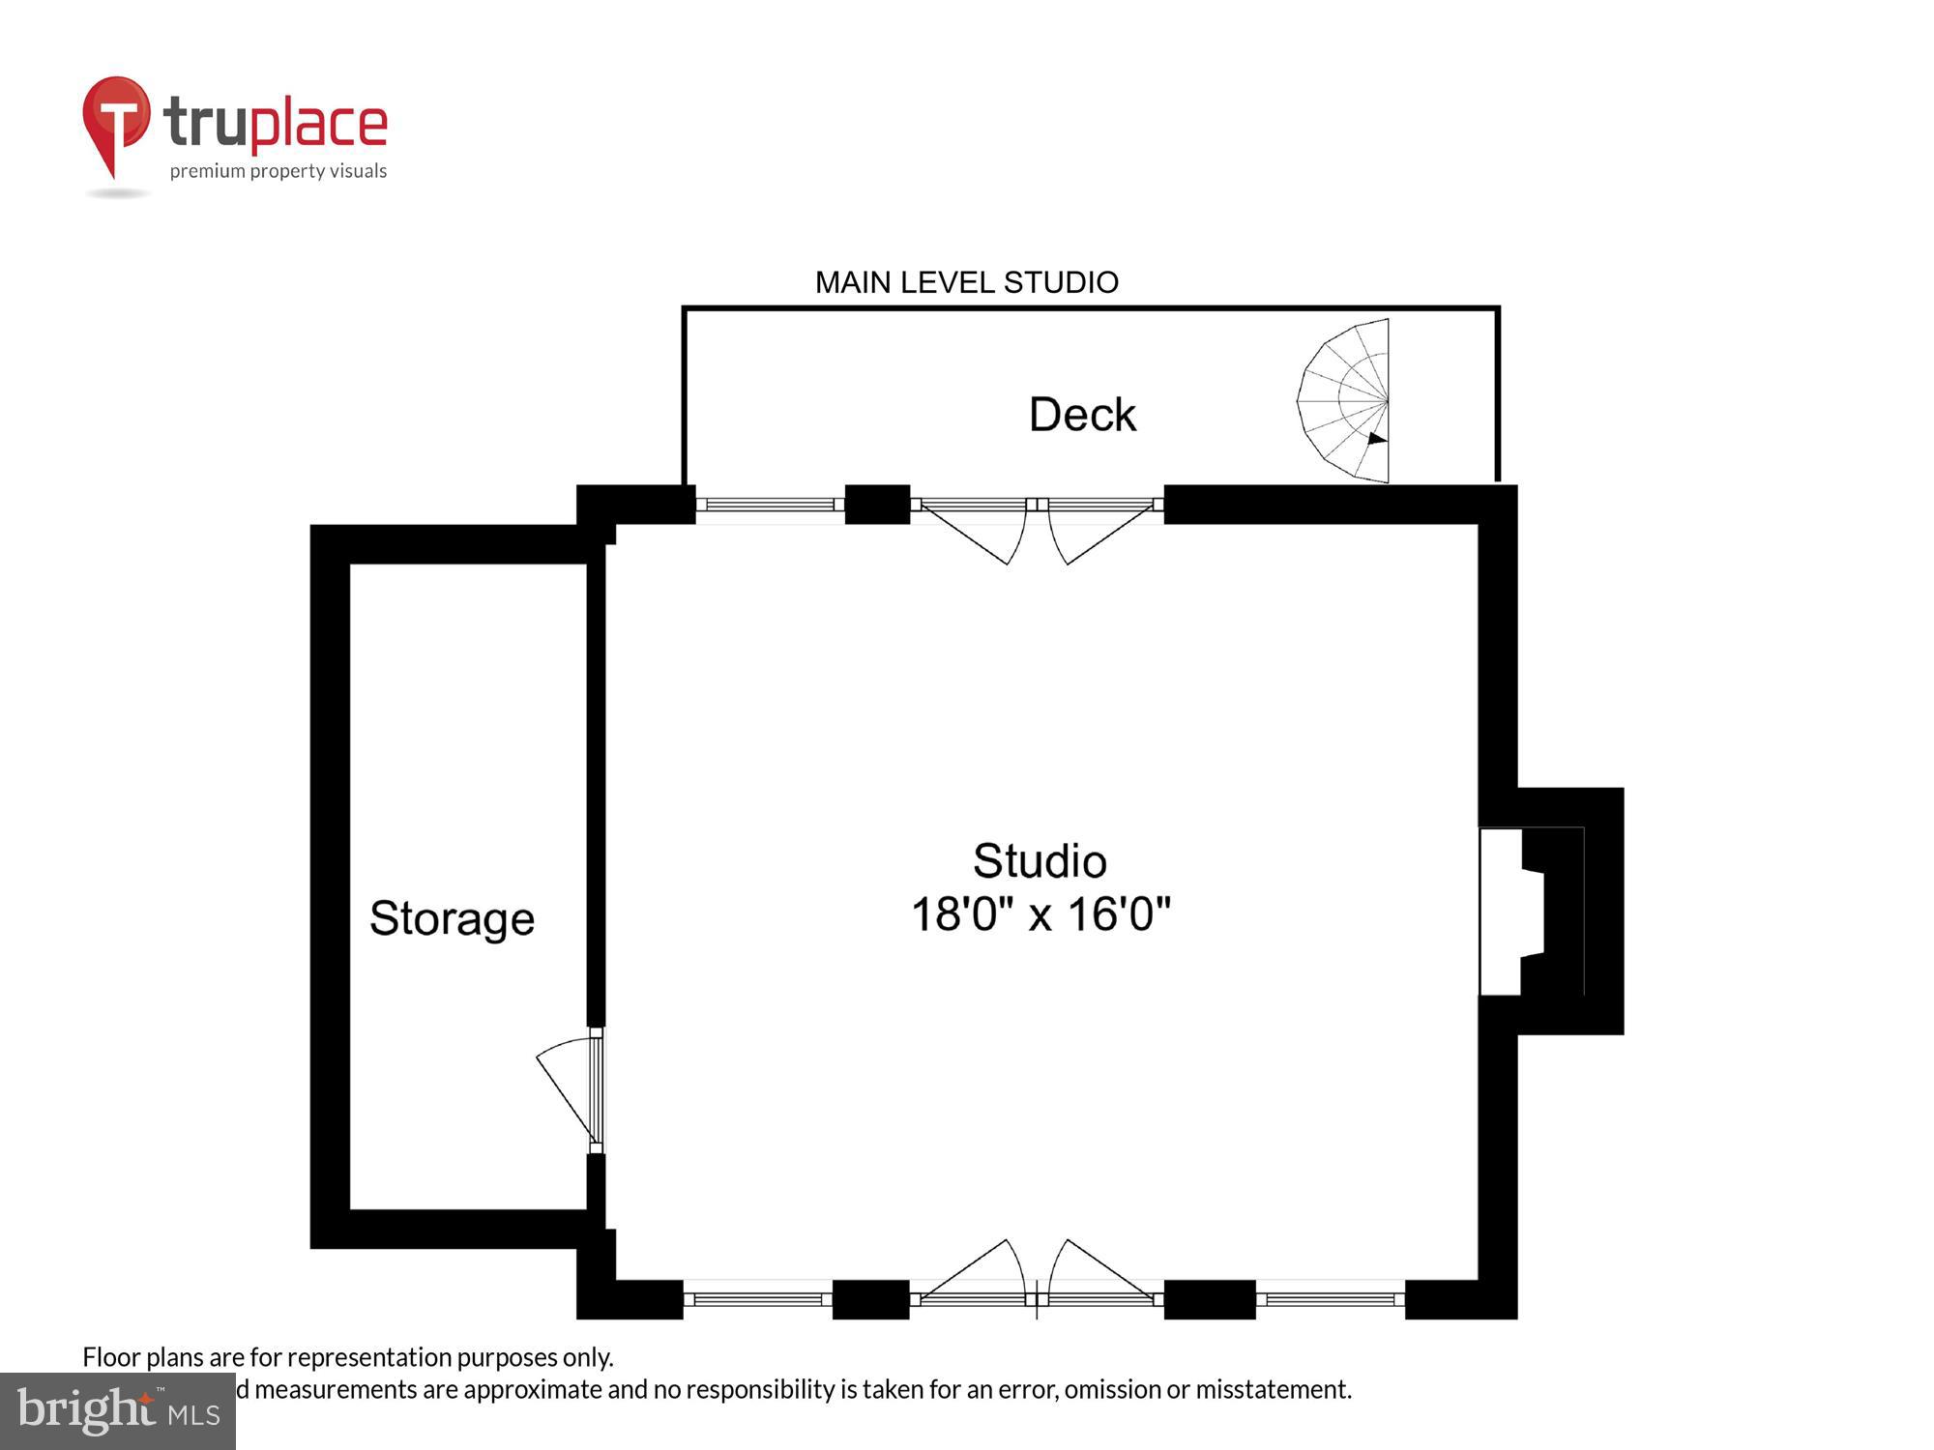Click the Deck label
tap(1081, 415)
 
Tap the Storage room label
tap(452, 917)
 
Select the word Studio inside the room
tap(1040, 860)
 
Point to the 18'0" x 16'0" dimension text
tap(1040, 913)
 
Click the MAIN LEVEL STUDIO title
tap(966, 282)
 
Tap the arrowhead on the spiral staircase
tap(1377, 439)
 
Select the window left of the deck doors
tap(770, 505)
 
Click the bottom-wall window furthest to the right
tap(1330, 1299)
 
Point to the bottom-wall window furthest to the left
tap(758, 1299)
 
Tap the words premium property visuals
tap(278, 172)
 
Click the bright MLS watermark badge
tap(118, 1411)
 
